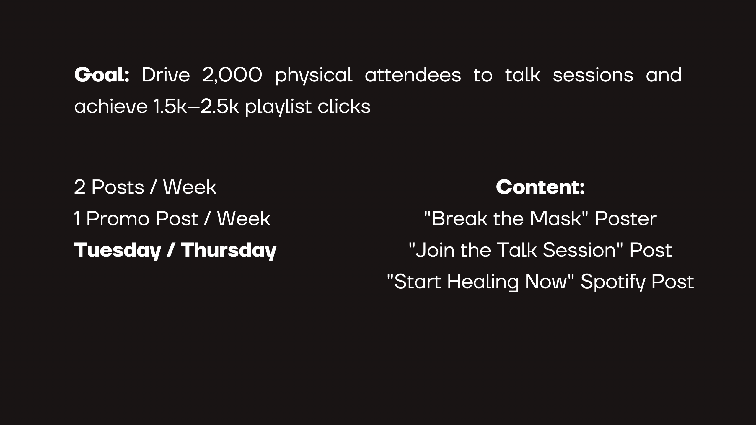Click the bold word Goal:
click(x=102, y=75)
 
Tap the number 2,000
click(x=232, y=75)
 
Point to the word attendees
click(x=413, y=75)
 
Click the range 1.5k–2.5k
click(x=196, y=107)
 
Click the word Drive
click(x=166, y=75)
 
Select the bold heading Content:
click(x=540, y=187)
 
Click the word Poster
click(x=625, y=219)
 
